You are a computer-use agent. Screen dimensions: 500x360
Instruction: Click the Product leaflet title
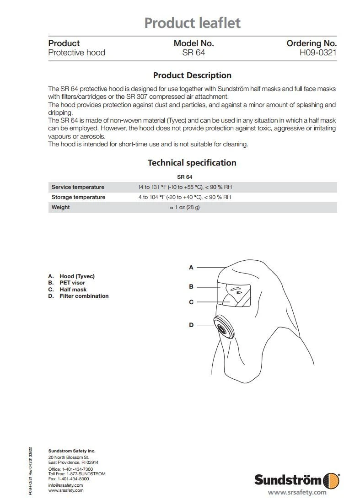click(x=192, y=23)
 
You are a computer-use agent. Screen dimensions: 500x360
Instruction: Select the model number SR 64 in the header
click(x=193, y=53)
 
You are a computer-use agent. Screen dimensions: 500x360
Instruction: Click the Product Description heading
click(x=192, y=75)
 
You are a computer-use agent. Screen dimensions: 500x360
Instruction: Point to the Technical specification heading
click(x=192, y=163)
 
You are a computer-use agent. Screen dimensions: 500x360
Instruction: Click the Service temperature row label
click(x=78, y=187)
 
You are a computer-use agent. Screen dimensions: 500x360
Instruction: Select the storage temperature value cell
click(x=185, y=197)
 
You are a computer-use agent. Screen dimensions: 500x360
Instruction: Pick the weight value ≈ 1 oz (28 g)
click(x=185, y=207)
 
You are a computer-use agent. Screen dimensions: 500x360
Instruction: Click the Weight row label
click(x=61, y=207)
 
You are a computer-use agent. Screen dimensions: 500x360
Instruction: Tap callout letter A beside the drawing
click(x=191, y=267)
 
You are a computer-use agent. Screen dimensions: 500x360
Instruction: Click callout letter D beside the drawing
click(x=191, y=325)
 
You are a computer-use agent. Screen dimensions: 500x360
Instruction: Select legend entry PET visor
click(x=72, y=283)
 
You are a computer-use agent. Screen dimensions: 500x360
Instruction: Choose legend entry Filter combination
click(x=84, y=296)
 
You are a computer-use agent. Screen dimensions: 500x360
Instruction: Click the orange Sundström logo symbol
click(x=331, y=480)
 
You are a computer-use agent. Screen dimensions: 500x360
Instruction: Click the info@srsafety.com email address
click(x=65, y=485)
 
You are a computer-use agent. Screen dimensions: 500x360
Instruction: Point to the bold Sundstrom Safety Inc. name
click(x=72, y=451)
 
